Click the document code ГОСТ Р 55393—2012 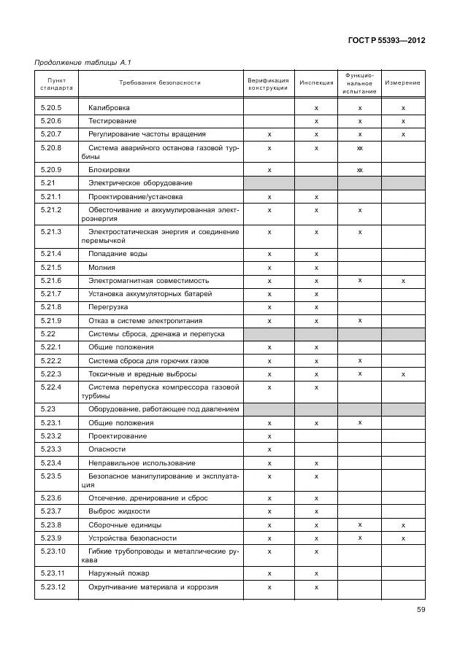(386, 40)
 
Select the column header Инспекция (316, 83)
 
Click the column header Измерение (402, 83)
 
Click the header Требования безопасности (159, 83)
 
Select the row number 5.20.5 (51, 108)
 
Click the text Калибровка (109, 108)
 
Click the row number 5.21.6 (51, 281)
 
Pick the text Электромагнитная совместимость (148, 281)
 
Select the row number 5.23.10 (53, 551)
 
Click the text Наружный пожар (120, 574)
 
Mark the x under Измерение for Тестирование (403, 121)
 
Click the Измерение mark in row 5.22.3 (403, 374)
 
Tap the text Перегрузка (108, 307)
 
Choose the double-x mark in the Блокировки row (360, 170)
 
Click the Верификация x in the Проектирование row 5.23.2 (269, 436)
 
